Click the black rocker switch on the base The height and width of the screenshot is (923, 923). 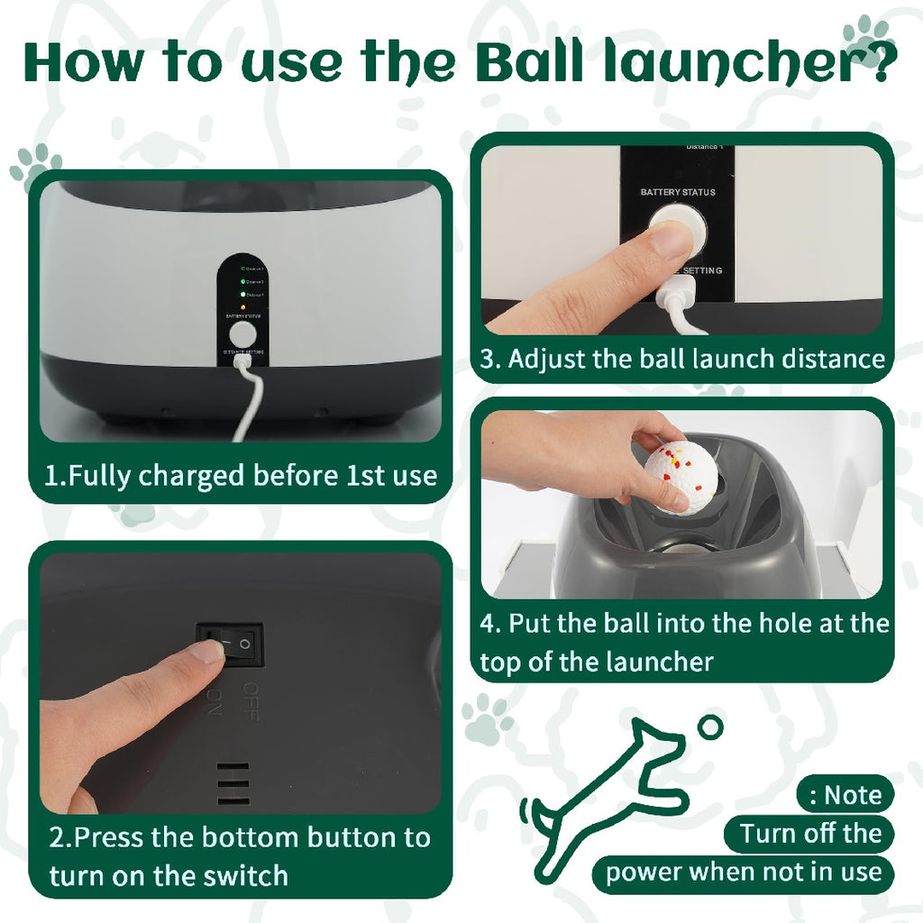click(231, 644)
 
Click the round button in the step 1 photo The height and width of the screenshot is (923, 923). click(241, 334)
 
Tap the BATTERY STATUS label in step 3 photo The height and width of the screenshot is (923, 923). click(678, 192)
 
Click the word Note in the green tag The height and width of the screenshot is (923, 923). click(852, 795)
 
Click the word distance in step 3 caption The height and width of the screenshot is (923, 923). click(827, 359)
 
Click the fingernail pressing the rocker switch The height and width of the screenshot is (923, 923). click(208, 652)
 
